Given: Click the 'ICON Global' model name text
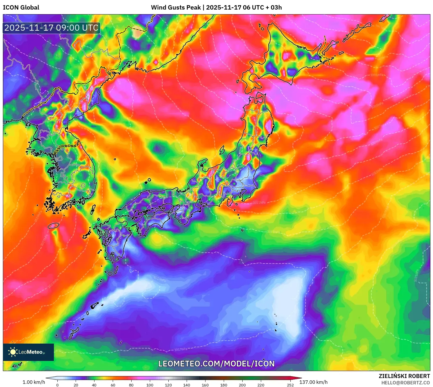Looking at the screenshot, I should pyautogui.click(x=21, y=8).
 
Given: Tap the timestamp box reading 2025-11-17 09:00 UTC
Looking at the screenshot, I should pyautogui.click(x=51, y=28).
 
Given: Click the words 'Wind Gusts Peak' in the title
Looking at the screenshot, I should pyautogui.click(x=176, y=8).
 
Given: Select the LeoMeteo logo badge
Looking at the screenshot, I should pyautogui.click(x=28, y=352).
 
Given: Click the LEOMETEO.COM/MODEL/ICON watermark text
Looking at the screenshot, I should pyautogui.click(x=216, y=364).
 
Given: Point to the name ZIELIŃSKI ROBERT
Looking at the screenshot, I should pyautogui.click(x=404, y=376).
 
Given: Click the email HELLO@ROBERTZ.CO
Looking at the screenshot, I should pyautogui.click(x=405, y=383).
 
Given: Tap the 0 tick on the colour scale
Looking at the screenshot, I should pyautogui.click(x=57, y=385).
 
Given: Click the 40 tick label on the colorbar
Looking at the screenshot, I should pyautogui.click(x=94, y=385).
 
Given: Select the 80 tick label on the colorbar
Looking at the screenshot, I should pyautogui.click(x=131, y=385).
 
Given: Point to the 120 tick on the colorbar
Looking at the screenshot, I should pyautogui.click(x=168, y=385).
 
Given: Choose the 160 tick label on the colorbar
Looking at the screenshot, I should pyautogui.click(x=205, y=385).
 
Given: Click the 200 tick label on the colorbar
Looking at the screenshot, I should pyautogui.click(x=242, y=385).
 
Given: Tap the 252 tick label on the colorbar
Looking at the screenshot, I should pyautogui.click(x=290, y=385).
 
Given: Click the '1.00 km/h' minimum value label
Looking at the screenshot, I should pyautogui.click(x=34, y=382).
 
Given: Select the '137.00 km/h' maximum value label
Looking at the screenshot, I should pyautogui.click(x=313, y=382).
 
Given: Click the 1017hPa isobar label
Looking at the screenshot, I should pyautogui.click(x=181, y=349).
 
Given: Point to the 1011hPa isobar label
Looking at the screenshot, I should pyautogui.click(x=259, y=203).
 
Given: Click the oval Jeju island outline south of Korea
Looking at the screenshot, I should pyautogui.click(x=54, y=225).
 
